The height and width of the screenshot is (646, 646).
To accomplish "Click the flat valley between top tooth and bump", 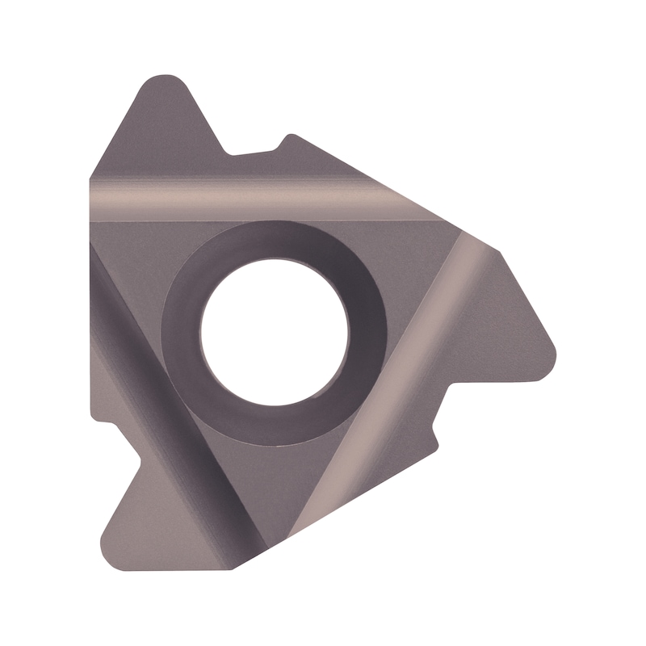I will coord(250,152).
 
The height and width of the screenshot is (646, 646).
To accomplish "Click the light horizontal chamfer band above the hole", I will coord(242,199).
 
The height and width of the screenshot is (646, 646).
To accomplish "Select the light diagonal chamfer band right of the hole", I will coord(404,363).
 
